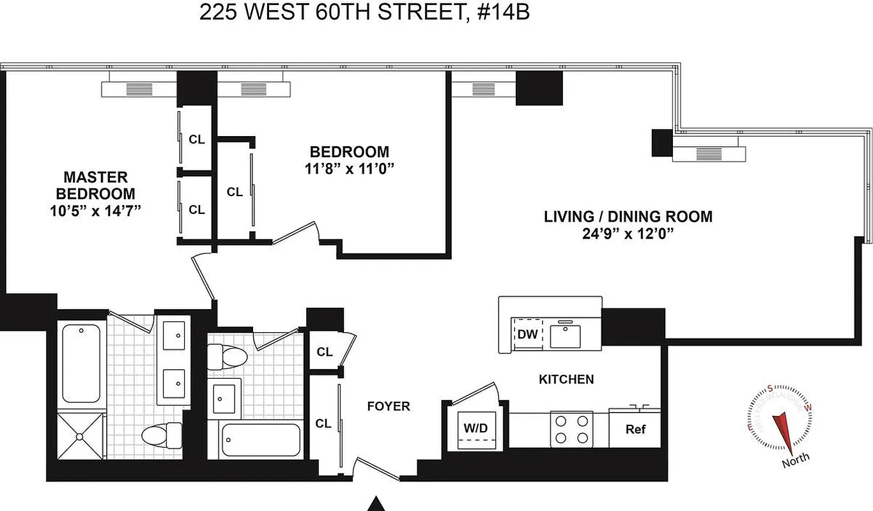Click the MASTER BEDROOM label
95,185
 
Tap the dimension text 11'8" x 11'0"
349,169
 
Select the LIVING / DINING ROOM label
628,216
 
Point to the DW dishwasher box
527,334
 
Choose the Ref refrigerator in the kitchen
635,429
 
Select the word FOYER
388,406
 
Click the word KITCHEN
566,379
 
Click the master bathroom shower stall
79,436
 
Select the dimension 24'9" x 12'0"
628,234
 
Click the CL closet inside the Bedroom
235,192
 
